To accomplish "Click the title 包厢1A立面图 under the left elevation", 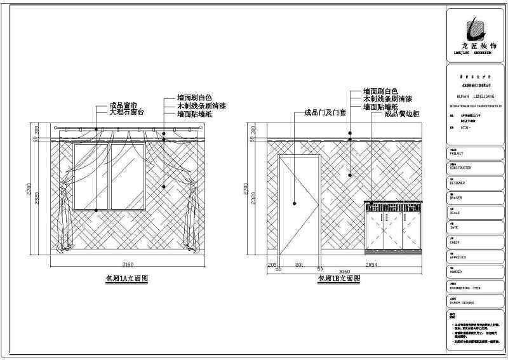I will (x=126, y=279).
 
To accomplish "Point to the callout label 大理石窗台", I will (x=127, y=112).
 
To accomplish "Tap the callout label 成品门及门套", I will (x=316, y=114).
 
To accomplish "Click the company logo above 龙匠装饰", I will (x=473, y=29).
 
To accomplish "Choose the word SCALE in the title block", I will (x=457, y=213).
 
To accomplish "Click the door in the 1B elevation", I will (x=298, y=203).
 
